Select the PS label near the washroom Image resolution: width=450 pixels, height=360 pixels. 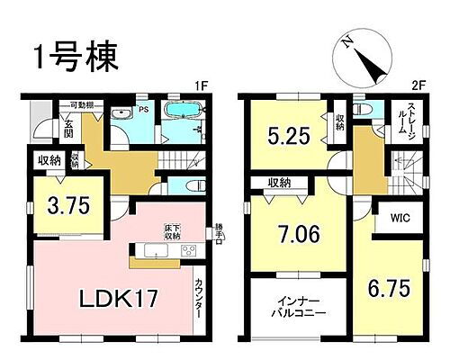tap(142, 112)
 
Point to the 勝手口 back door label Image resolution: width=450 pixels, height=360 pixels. tap(219, 232)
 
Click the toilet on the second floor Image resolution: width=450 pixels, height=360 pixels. tap(362, 111)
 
